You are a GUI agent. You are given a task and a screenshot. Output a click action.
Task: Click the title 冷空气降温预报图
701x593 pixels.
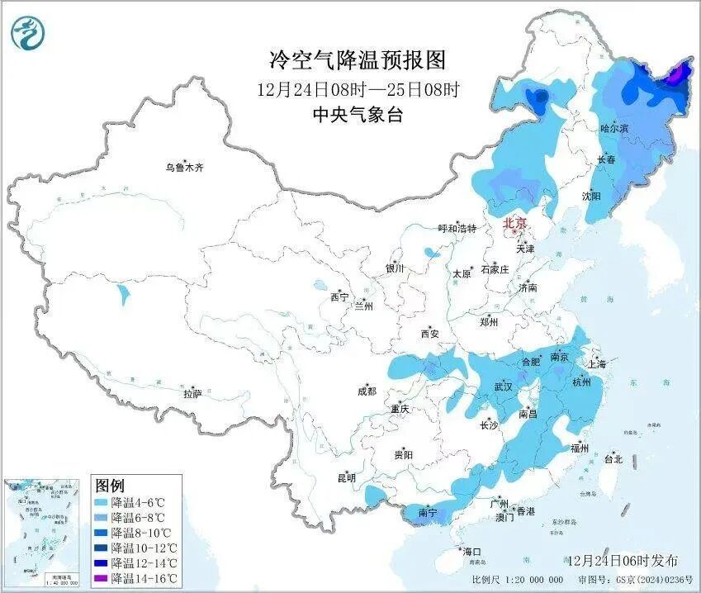(358, 59)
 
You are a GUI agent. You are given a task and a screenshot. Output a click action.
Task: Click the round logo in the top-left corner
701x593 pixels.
(28, 33)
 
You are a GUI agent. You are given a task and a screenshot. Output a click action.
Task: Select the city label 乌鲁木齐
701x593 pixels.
(183, 168)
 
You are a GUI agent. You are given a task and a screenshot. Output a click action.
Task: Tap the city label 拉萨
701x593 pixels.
(192, 394)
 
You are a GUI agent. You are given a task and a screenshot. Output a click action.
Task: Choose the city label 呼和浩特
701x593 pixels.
(457, 229)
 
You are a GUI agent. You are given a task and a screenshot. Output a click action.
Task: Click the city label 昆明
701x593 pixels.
(346, 477)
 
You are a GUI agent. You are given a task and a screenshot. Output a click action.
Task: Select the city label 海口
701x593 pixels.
(471, 551)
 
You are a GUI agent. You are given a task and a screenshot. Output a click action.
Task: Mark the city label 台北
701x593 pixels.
(613, 459)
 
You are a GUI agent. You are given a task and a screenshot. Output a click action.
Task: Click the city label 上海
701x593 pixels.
(596, 363)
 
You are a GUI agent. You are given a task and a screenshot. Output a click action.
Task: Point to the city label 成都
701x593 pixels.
(367, 392)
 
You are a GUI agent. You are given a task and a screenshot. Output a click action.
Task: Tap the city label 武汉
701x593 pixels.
(503, 387)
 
